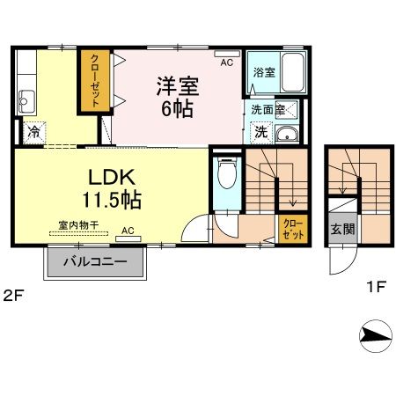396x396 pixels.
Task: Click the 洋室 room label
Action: (178, 87)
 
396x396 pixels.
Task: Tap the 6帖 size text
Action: (178, 110)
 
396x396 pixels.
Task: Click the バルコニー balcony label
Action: (97, 262)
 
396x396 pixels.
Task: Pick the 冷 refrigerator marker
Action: (33, 132)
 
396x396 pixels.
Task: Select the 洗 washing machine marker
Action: (260, 132)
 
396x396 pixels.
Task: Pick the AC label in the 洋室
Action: (227, 62)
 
